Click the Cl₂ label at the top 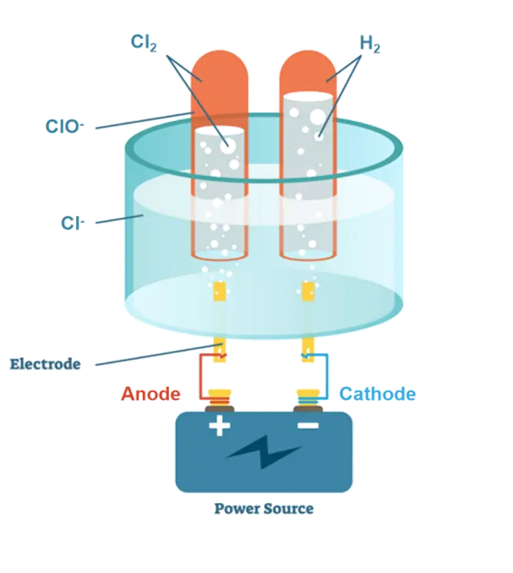click(x=145, y=42)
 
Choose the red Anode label click(x=151, y=395)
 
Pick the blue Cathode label click(x=378, y=395)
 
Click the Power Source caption click(x=263, y=508)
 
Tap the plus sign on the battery click(x=219, y=425)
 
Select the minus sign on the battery click(x=308, y=425)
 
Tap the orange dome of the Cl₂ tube click(x=219, y=73)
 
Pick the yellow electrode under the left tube click(x=219, y=292)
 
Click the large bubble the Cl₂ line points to click(x=228, y=145)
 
